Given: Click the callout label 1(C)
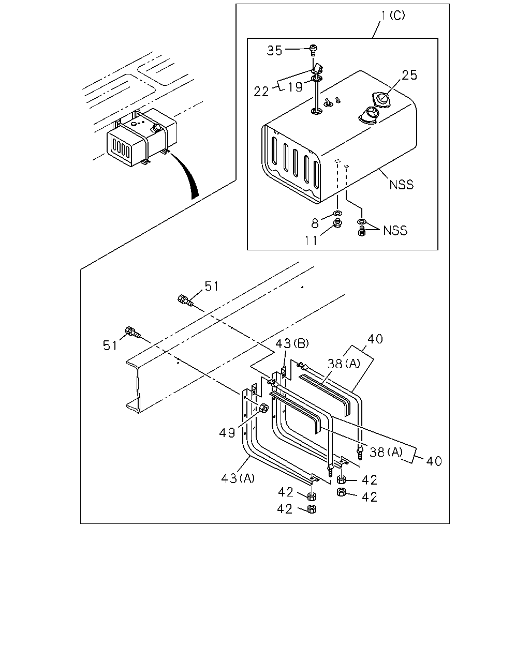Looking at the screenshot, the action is pos(393,16).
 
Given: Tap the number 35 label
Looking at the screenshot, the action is pos(274,51).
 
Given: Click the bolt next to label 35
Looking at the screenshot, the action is pos(314,50).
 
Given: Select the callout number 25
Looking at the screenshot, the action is pos(409,75).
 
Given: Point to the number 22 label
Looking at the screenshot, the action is pos(261,92).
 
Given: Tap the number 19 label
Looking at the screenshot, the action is pos(295,87).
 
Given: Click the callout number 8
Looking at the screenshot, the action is pos(315,223).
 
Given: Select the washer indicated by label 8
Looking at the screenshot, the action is pos(337,214).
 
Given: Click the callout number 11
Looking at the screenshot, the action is pos(311,240).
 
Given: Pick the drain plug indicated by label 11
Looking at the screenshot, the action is pos(338,223).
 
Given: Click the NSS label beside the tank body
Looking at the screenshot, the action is pos(401,185).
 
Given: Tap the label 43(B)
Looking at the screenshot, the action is pos(292,343).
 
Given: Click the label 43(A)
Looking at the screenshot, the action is pos(238,478).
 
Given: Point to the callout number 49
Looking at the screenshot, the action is pos(227,433).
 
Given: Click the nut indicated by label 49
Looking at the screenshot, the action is pos(263,409).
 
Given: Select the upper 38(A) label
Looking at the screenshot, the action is pos(344,364).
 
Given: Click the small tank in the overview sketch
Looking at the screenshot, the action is pos(142,137).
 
